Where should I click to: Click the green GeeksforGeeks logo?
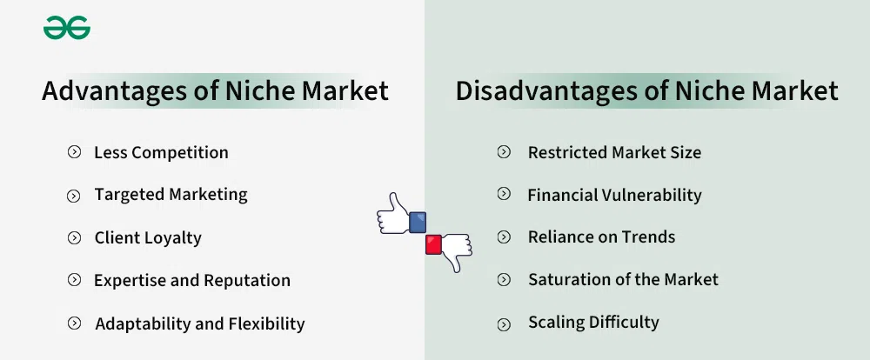coord(67,29)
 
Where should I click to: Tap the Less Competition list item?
coord(161,153)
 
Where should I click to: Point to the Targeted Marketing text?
coord(171,195)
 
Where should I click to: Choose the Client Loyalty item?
coord(148,237)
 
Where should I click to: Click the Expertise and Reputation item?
coord(192,281)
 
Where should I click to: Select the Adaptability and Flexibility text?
coord(200,324)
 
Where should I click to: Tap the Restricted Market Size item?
coord(614,153)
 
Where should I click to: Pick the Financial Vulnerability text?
coord(614,196)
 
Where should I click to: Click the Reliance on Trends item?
coord(601,237)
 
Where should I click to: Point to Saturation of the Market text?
coord(623,280)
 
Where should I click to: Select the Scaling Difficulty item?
coord(593,323)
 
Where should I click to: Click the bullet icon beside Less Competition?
coord(74,153)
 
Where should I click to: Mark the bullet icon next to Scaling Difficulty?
coord(504,324)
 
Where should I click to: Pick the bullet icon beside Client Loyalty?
coord(74,237)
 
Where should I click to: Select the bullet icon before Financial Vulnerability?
coord(504,195)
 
